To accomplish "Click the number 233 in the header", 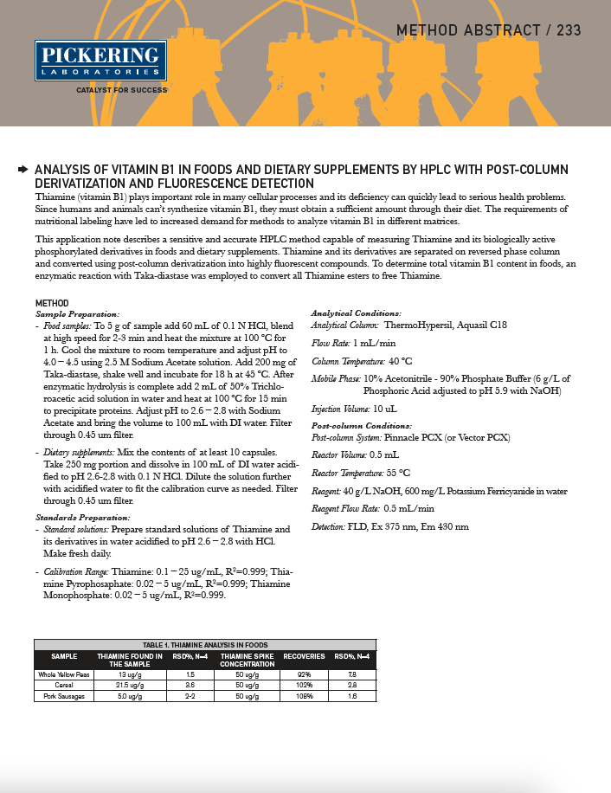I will pos(564,31).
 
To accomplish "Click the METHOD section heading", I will pos(52,303).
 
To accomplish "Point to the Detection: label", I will pos(328,526).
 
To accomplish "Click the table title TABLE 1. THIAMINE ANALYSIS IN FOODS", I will pos(205,645).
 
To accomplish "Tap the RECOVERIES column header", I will pos(304,656).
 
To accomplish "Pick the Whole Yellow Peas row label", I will pos(64,674).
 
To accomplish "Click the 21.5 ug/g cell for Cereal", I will pos(130,685).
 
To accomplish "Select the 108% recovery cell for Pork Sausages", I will pos(304,695).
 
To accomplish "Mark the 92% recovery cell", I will pos(304,674).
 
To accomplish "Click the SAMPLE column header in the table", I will pos(64,656).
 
